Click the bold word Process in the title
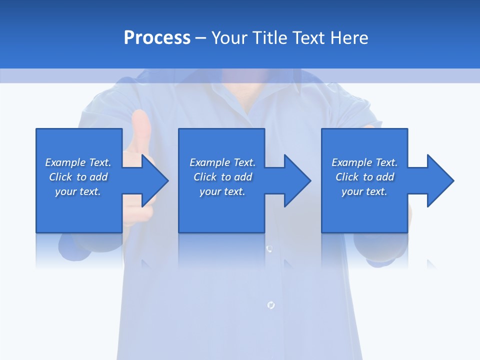[x=157, y=38]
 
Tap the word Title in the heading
[x=272, y=38]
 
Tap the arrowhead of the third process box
[x=439, y=180]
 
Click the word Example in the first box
[x=65, y=162]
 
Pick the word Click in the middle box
[x=205, y=177]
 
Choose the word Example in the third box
[x=351, y=162]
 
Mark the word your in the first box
[x=66, y=191]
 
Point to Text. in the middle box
[x=244, y=162]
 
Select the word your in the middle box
[x=210, y=191]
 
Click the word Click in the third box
[x=347, y=177]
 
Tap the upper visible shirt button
[x=269, y=248]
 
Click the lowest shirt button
[x=270, y=304]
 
